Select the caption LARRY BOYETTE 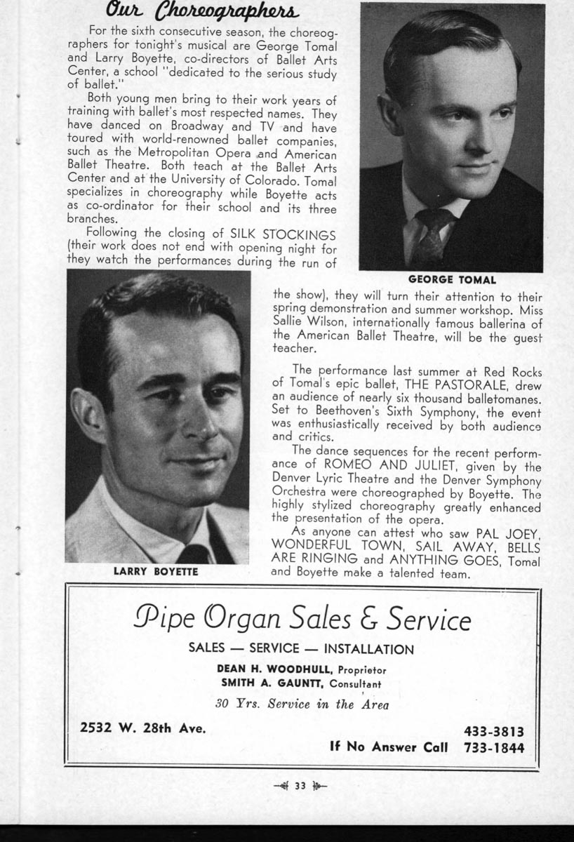click(x=156, y=571)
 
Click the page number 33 click(x=300, y=785)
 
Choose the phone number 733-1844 click(x=494, y=747)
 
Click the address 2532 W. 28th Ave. click(x=143, y=728)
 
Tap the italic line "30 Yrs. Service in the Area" click(x=302, y=704)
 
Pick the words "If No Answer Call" click(x=389, y=747)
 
